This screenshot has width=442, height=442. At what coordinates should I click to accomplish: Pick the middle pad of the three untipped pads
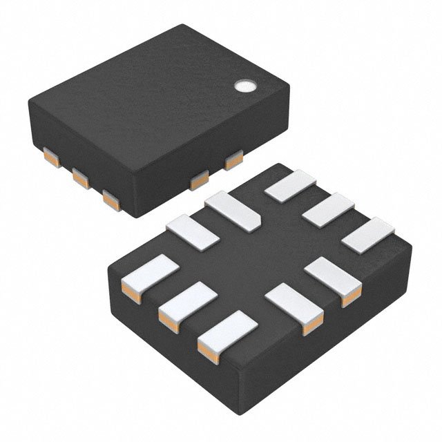point(328,209)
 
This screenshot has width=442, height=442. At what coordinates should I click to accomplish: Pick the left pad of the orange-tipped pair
point(294,304)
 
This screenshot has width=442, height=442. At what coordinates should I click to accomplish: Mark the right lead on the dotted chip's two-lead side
point(233,160)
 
